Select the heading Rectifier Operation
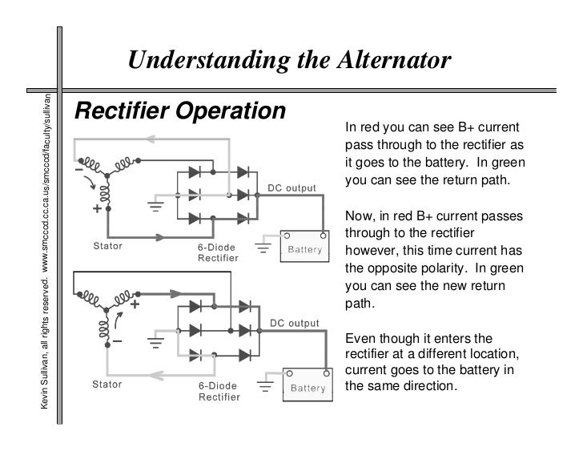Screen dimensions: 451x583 pyautogui.click(x=179, y=113)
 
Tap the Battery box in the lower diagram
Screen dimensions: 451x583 pyautogui.click(x=307, y=389)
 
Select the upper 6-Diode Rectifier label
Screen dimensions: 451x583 pyautogui.click(x=219, y=252)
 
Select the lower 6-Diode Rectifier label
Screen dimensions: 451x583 pyautogui.click(x=219, y=390)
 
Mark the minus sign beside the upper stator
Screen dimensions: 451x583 pyautogui.click(x=79, y=171)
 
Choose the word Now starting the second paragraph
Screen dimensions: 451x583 pyautogui.click(x=357, y=217)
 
